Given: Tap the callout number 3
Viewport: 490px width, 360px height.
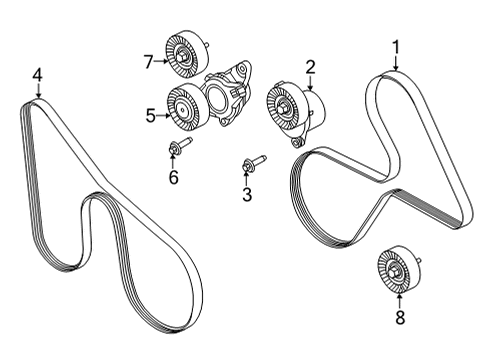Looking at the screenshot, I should point(246,195).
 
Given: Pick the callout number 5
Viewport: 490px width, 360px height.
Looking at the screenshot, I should point(152,115).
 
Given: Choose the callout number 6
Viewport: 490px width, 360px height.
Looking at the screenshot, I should point(172,177).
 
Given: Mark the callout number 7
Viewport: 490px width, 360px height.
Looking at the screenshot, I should point(149,63).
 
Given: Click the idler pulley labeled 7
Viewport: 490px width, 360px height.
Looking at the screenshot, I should point(185,57).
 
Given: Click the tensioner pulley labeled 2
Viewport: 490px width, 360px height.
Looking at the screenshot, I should point(286,105).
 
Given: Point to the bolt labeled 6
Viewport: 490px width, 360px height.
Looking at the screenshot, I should point(176,150).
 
